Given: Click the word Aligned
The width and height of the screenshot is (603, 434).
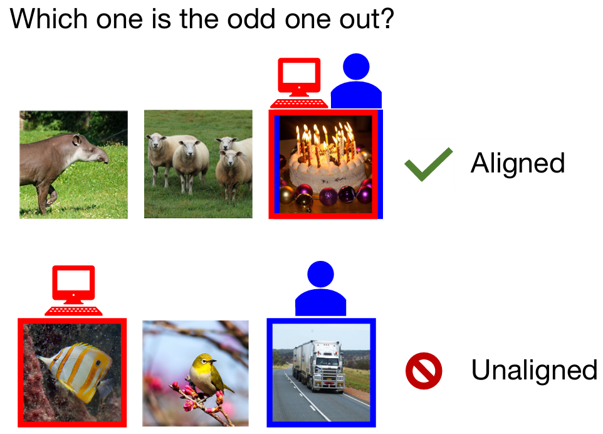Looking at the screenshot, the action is pyautogui.click(x=518, y=164).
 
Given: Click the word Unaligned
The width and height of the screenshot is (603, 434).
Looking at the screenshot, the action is pyautogui.click(x=534, y=371).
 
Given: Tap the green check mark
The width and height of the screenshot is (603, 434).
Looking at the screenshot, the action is pyautogui.click(x=428, y=164).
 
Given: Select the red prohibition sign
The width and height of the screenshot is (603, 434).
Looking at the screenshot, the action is pyautogui.click(x=424, y=371).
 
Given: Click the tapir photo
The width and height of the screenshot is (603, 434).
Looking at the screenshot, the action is pyautogui.click(x=73, y=165).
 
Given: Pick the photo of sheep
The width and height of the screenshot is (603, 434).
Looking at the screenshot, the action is pyautogui.click(x=199, y=164).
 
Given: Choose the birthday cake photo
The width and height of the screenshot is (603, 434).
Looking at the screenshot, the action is pyautogui.click(x=326, y=165).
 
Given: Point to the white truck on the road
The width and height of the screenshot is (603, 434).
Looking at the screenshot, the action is pyautogui.click(x=319, y=366).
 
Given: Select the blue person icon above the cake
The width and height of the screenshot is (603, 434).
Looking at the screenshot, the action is pyautogui.click(x=356, y=81).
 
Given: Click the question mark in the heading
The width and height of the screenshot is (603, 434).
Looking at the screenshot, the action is pyautogui.click(x=387, y=18).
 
